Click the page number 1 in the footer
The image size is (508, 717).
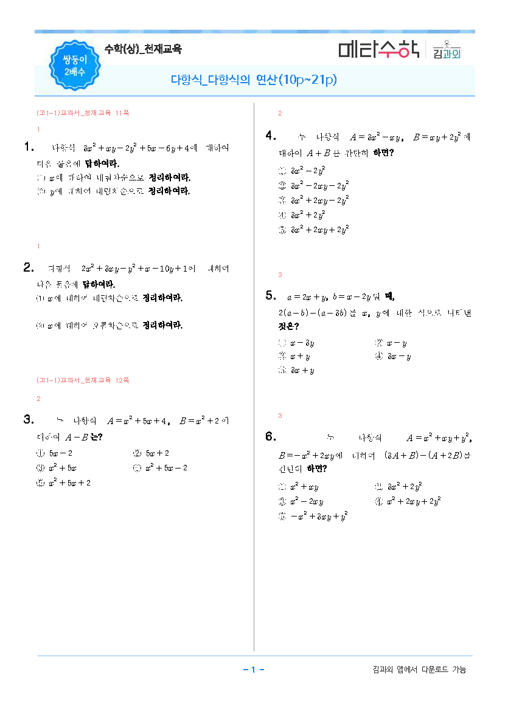pos(253,670)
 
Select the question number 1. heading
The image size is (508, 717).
pos(28,146)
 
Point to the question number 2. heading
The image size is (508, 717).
pos(28,267)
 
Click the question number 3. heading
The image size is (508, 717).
pos(28,419)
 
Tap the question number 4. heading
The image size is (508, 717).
pos(271,136)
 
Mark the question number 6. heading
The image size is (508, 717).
pos(271,436)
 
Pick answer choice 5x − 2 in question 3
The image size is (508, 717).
pos(60,453)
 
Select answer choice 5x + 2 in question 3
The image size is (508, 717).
pos(156,453)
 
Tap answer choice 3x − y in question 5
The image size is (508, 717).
pos(398,357)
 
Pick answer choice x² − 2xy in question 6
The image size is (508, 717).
pos(307,502)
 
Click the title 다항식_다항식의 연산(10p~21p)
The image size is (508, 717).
pos(254,80)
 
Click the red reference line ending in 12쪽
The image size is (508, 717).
pos(83,380)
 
